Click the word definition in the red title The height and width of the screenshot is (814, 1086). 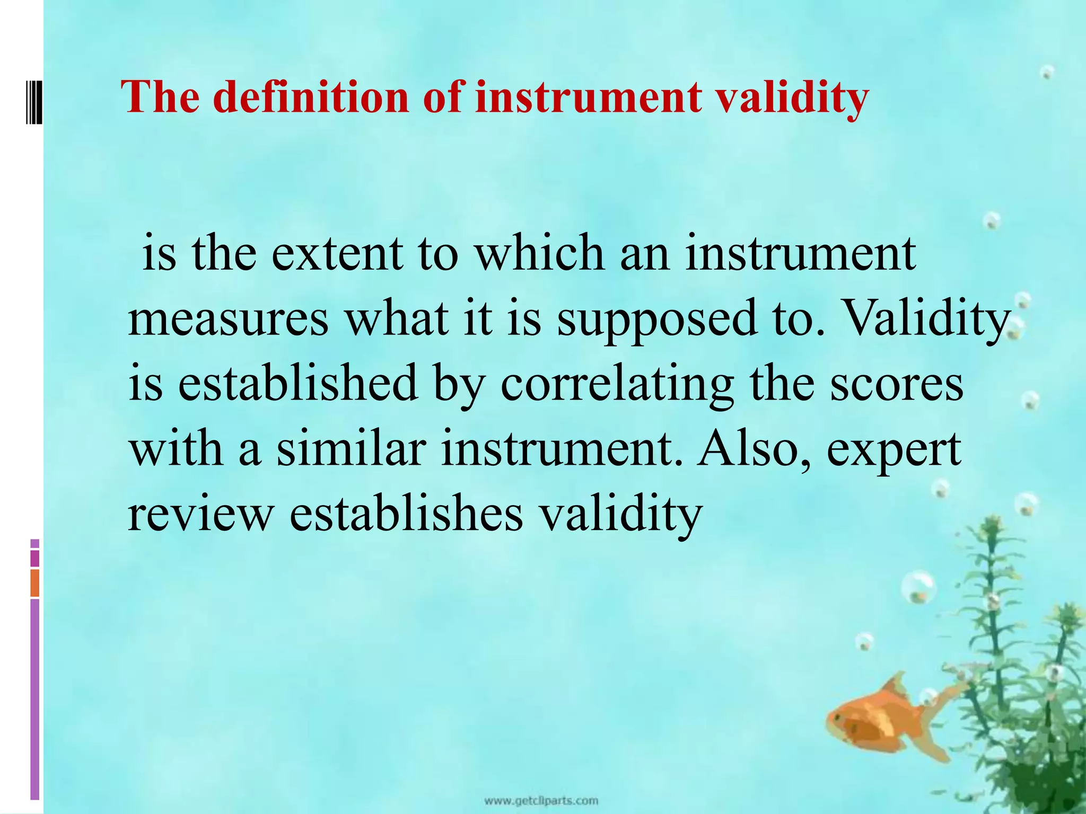pos(313,98)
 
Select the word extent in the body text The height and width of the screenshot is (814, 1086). pos(337,253)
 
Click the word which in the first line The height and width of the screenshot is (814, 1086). pos(539,253)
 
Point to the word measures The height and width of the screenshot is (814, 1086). pos(228,319)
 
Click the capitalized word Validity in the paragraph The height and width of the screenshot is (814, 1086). pos(925,319)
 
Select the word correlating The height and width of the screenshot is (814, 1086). pos(617,385)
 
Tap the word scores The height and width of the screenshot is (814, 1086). pos(897,385)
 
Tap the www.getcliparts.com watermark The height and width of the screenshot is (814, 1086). pos(541,800)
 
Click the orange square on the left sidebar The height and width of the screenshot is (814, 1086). pos(35,583)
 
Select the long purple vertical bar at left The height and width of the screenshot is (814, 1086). pos(35,700)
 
